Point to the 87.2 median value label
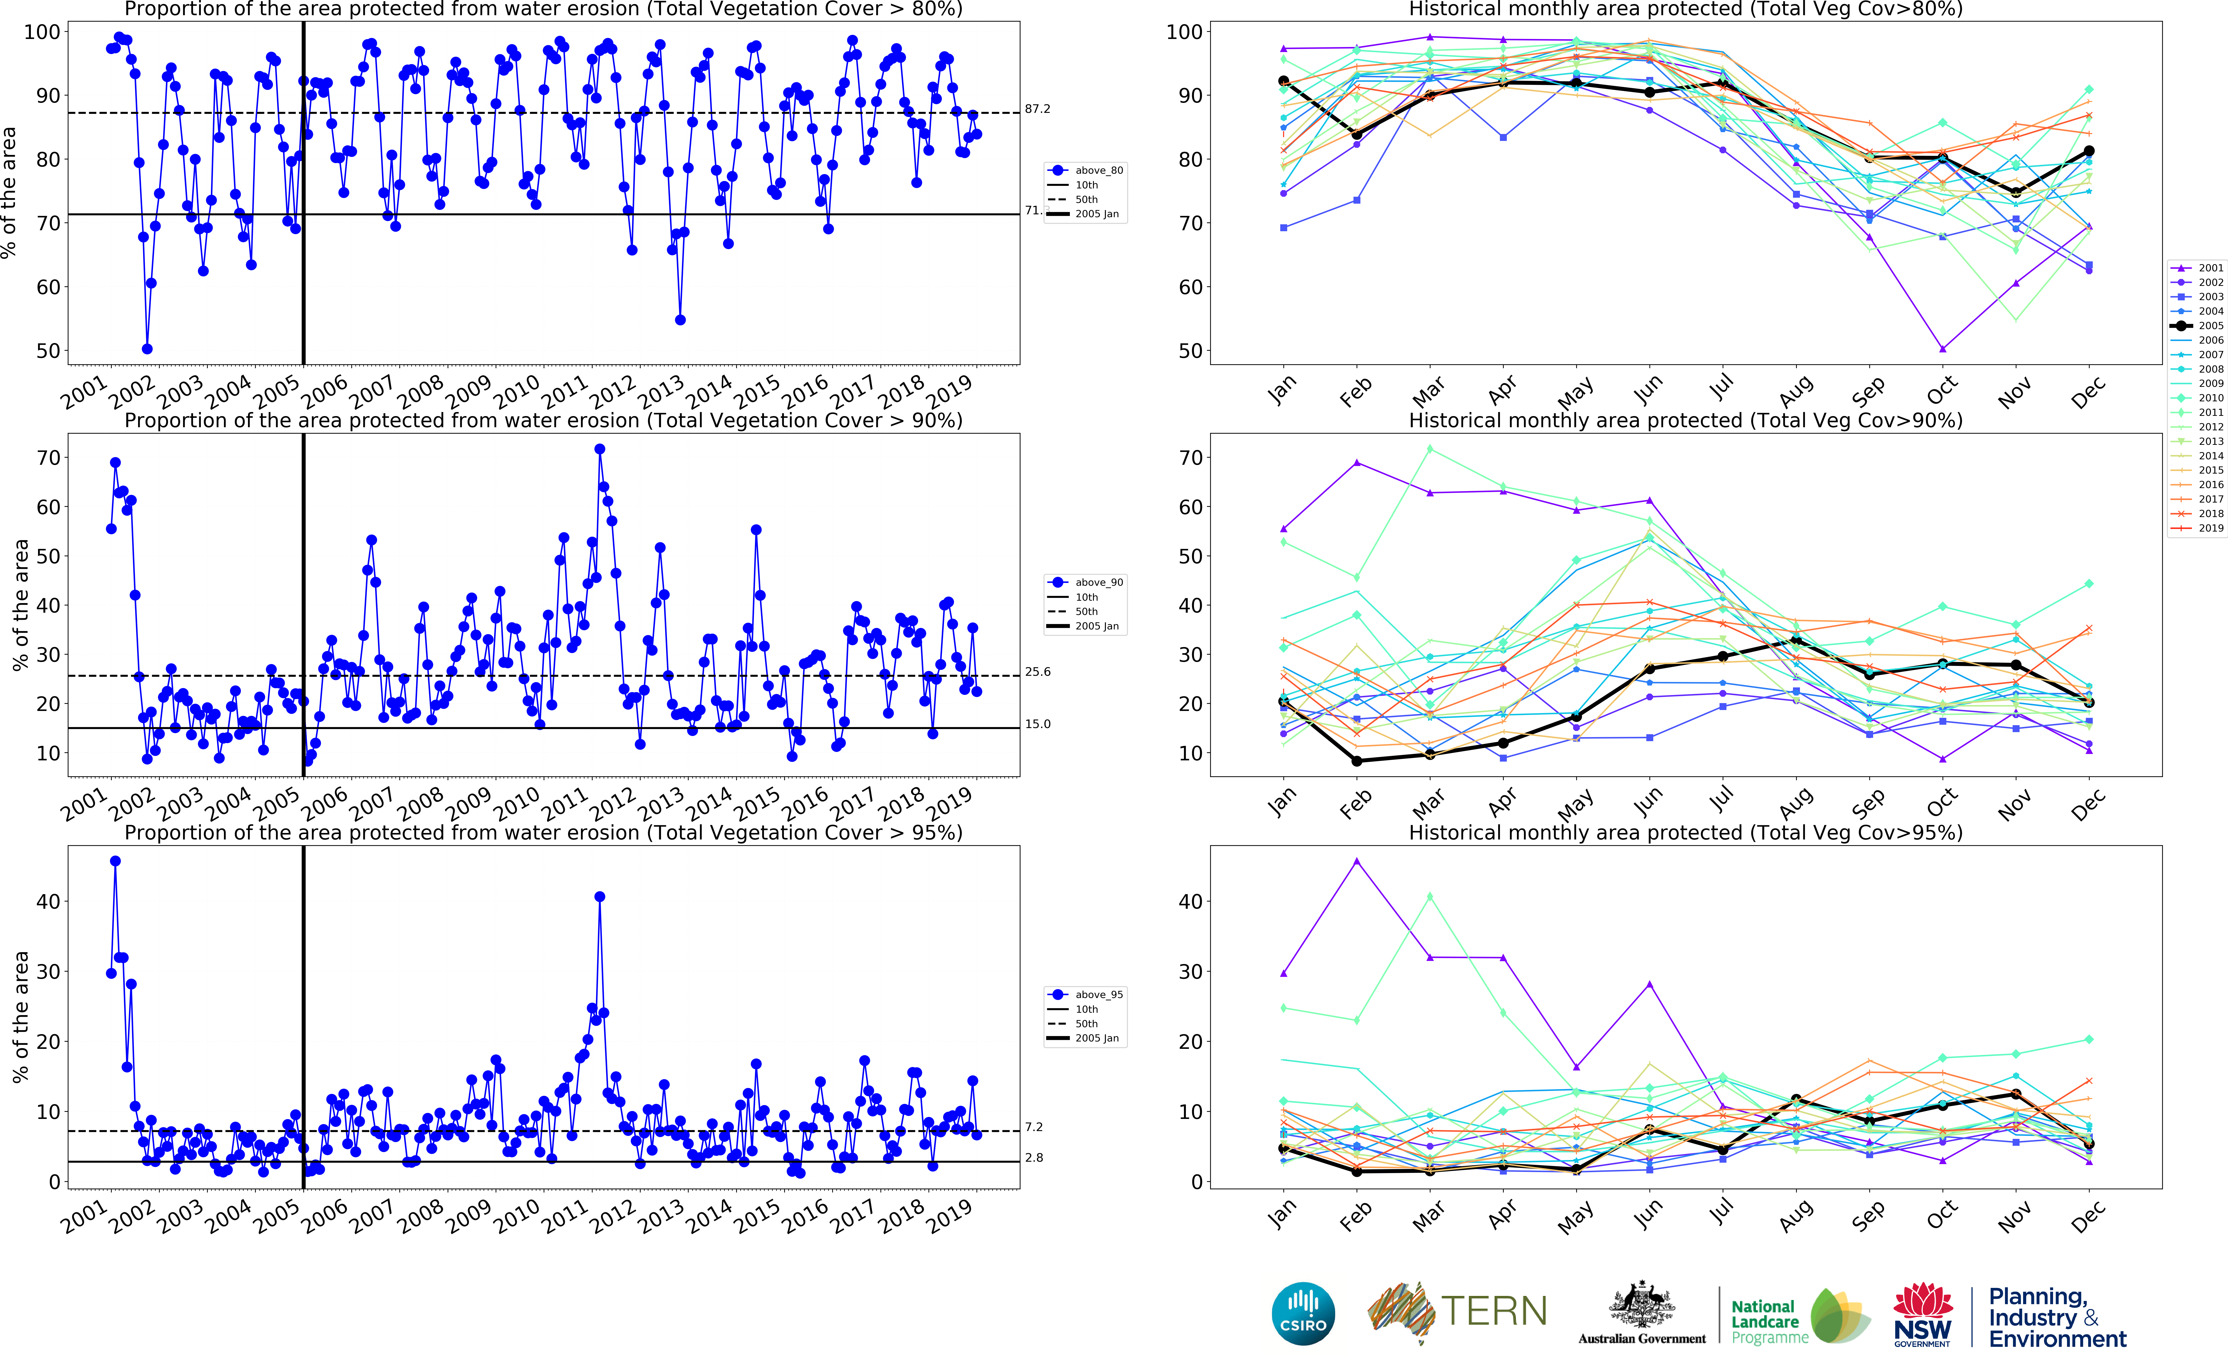tap(1037, 109)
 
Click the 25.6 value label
tap(1037, 672)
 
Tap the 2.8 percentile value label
tap(1034, 1158)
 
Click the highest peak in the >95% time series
tap(115, 861)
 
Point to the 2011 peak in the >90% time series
tap(599, 449)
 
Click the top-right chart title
tap(1685, 9)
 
